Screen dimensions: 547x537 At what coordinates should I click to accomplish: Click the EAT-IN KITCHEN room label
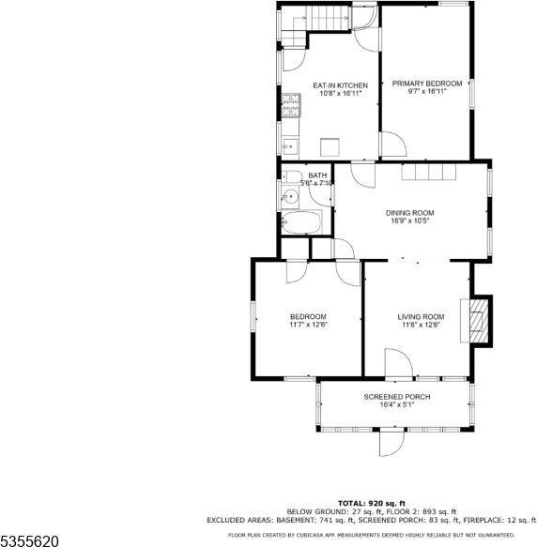(x=339, y=85)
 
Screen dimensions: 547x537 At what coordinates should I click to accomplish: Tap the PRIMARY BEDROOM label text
(x=427, y=84)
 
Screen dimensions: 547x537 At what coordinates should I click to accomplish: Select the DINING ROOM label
(x=409, y=212)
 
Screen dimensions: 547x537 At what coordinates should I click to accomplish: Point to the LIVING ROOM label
(x=421, y=317)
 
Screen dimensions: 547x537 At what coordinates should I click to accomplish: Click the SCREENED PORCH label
(x=396, y=397)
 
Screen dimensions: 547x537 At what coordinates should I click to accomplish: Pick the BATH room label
(x=318, y=175)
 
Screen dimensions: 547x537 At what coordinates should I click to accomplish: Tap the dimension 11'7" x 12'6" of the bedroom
(x=308, y=325)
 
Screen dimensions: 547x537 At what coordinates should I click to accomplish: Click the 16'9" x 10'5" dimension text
(x=409, y=221)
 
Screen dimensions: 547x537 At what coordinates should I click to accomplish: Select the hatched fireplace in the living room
(x=479, y=321)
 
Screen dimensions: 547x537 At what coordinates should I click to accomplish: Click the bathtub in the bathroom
(x=301, y=223)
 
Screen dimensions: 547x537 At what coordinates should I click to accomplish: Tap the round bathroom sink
(x=291, y=197)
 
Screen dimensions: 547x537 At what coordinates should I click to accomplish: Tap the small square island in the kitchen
(x=329, y=145)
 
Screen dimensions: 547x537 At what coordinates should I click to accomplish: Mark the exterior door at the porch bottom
(x=390, y=439)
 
